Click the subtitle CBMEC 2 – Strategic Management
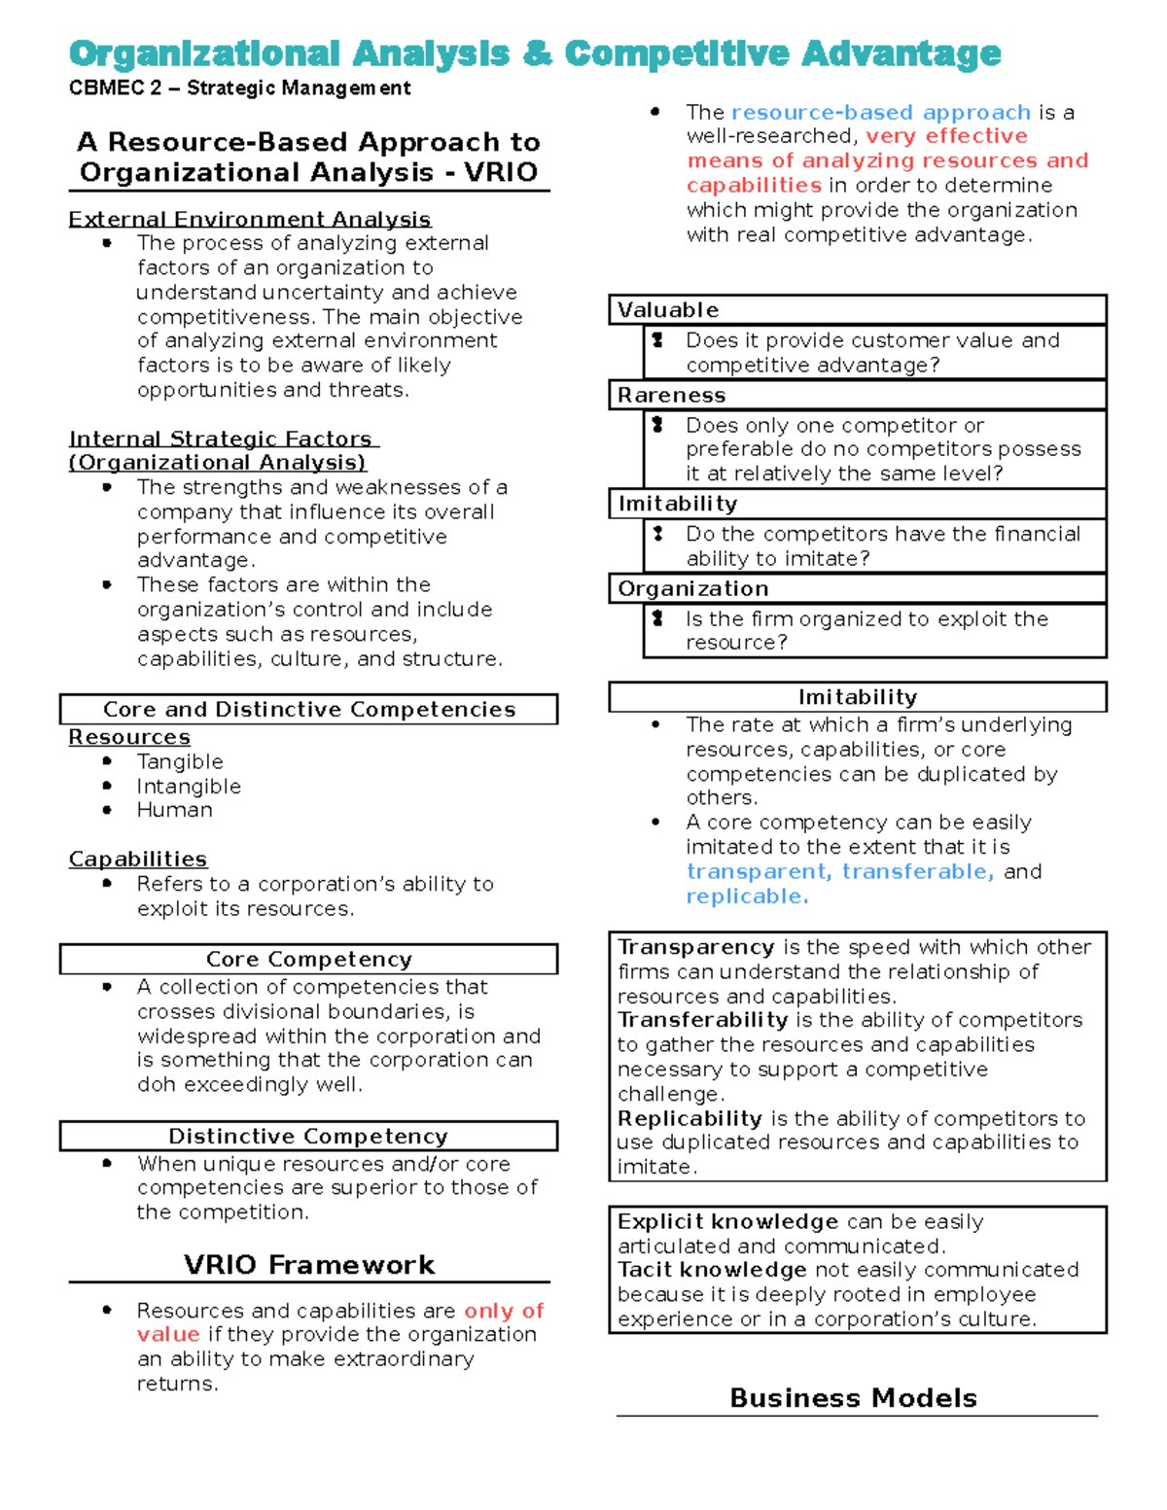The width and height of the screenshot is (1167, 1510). click(239, 88)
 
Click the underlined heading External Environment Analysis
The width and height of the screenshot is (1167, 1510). click(249, 219)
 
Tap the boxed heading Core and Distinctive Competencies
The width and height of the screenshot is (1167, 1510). click(308, 709)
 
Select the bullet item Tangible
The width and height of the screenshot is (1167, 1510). click(180, 761)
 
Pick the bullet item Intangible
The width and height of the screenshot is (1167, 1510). click(189, 786)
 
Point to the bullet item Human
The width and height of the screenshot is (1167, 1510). click(174, 810)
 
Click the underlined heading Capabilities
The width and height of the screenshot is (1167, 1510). click(137, 859)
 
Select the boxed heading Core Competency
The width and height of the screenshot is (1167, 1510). click(308, 959)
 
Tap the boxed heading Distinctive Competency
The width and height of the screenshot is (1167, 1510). click(308, 1136)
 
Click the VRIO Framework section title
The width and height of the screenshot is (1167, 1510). click(308, 1264)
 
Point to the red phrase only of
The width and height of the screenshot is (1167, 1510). click(504, 1311)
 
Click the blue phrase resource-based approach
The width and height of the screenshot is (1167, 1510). click(880, 112)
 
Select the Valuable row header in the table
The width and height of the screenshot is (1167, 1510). click(668, 310)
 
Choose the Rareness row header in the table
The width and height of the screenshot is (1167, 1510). click(671, 395)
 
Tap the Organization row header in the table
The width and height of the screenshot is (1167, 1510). click(692, 588)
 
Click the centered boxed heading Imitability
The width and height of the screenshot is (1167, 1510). click(857, 697)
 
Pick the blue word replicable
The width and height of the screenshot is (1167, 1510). click(747, 896)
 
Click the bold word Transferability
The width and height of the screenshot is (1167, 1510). click(702, 1020)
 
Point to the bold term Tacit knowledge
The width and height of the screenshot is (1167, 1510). click(711, 1270)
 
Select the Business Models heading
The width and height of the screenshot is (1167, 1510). click(853, 1397)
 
